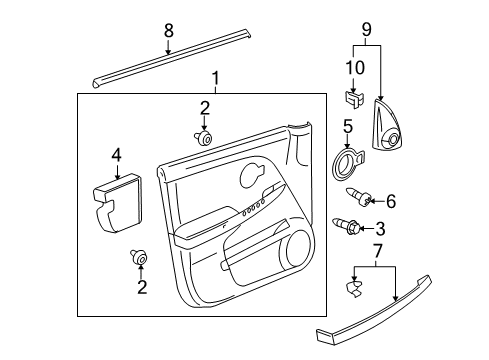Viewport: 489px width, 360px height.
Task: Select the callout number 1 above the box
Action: pyautogui.click(x=213, y=78)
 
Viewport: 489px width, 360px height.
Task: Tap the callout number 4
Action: pyautogui.click(x=116, y=155)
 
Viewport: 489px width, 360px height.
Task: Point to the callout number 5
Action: pyautogui.click(x=347, y=126)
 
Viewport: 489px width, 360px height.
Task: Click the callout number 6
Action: pyautogui.click(x=390, y=202)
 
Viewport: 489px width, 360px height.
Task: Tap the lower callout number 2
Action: pyautogui.click(x=142, y=288)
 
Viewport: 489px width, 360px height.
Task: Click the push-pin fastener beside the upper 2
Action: pyautogui.click(x=204, y=138)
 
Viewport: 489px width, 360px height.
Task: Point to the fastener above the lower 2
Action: pyautogui.click(x=140, y=261)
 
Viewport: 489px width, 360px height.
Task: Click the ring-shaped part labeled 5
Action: pyautogui.click(x=347, y=162)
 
